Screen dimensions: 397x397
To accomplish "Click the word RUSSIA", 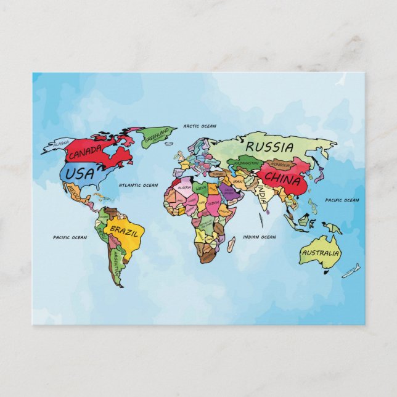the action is click(x=269, y=148).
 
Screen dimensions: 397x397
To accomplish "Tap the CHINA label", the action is click(x=282, y=181).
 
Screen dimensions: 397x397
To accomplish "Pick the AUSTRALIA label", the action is click(x=320, y=253).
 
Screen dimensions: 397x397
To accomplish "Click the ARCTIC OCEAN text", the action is click(x=200, y=126).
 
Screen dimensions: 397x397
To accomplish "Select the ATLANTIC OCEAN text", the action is click(x=138, y=185).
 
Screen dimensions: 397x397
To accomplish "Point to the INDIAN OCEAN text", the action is click(x=260, y=237).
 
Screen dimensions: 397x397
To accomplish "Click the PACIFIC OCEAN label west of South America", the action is click(x=70, y=237).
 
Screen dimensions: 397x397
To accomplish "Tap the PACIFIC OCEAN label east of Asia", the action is click(x=342, y=200).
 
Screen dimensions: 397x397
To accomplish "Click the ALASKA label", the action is click(x=61, y=144).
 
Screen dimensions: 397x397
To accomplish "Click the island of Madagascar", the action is click(x=230, y=245).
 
